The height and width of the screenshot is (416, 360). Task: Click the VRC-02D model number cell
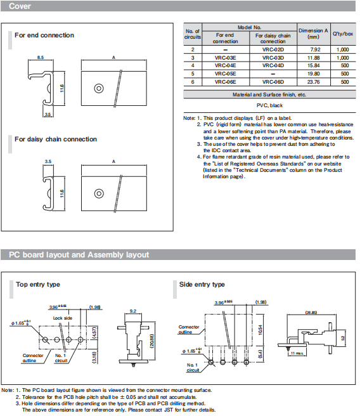pos(273,49)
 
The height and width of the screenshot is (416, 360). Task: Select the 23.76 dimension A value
pos(313,82)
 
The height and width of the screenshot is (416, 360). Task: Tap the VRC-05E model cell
pos(225,74)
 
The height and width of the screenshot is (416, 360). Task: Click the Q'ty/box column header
pos(343,34)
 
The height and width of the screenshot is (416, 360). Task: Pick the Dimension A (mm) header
pos(313,34)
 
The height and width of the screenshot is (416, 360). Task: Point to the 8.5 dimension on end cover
pos(41,57)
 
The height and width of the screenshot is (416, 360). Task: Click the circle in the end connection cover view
pos(99,88)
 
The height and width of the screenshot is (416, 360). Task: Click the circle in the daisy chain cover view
pos(99,193)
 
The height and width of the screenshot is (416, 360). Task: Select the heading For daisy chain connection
pos(56,140)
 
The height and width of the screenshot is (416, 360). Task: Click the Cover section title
pos(20,6)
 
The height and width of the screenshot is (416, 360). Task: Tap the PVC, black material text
pos(269,106)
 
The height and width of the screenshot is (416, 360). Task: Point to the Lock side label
pos(63,318)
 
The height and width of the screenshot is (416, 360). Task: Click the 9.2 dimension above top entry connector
pos(133,311)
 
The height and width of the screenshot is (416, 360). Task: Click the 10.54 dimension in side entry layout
pos(260,330)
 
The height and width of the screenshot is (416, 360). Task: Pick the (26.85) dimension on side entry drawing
pos(311,313)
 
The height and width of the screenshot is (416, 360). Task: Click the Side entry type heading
pos(202,285)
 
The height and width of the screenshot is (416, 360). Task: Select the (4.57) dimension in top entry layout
pos(94,333)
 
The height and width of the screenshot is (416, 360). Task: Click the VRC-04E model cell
pos(225,65)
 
